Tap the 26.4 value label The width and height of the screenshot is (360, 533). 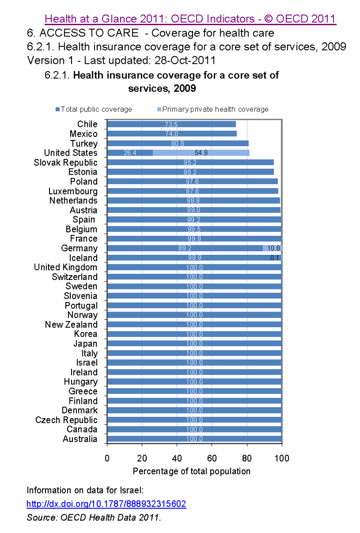pos(130,153)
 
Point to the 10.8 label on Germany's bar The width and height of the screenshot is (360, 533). pos(273,248)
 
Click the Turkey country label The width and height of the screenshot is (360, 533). pos(84,144)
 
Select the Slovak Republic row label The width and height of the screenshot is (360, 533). pos(66,163)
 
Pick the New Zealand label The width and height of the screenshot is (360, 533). pos(71,325)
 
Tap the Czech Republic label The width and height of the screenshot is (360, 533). pos(67,420)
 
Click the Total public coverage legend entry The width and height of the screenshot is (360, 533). pos(94,109)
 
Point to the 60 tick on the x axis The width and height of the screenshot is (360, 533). pos(212,458)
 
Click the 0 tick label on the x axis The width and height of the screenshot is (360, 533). pos(107,458)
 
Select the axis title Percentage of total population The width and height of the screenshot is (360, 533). pos(192,471)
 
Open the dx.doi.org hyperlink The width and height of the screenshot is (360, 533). pos(106,504)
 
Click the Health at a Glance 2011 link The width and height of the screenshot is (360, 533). pos(191,19)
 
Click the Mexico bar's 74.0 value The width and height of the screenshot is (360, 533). pos(171,134)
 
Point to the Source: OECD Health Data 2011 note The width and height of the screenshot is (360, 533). pos(94,517)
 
